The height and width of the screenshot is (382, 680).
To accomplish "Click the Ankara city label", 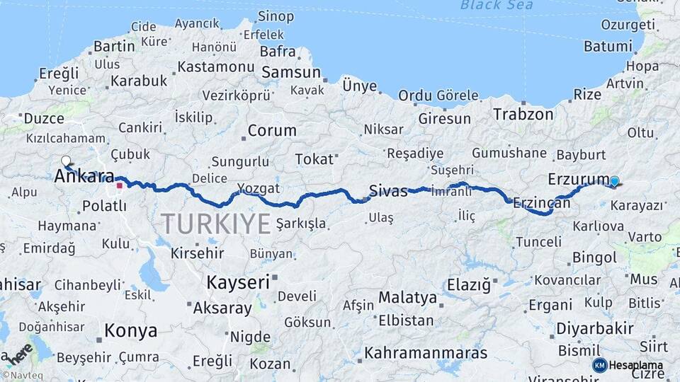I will [x=85, y=175].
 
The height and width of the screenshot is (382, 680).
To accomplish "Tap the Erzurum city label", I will [x=578, y=178].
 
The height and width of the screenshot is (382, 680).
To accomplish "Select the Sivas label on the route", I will [x=387, y=190].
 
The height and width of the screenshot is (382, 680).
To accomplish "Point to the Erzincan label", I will [x=541, y=202].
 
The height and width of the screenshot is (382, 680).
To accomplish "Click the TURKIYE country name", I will [x=216, y=224].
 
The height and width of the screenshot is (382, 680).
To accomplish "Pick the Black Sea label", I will [x=496, y=6].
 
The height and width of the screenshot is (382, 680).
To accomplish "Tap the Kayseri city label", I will [x=238, y=282].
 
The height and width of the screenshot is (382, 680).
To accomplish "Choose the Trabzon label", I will [x=523, y=114].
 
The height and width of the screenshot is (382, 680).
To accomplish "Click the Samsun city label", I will [x=291, y=72].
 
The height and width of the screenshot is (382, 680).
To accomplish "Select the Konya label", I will [x=130, y=330].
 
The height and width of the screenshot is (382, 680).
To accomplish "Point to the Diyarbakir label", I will [x=594, y=329].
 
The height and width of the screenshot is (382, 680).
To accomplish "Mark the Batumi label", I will [x=608, y=47].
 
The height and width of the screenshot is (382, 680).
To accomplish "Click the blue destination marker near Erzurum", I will [x=614, y=182].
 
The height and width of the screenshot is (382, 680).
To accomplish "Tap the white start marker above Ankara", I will [x=67, y=161].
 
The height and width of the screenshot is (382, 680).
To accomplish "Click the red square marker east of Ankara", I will [x=120, y=186].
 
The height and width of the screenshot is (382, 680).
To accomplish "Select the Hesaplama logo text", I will [x=635, y=365].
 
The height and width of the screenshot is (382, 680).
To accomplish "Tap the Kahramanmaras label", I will [x=426, y=352].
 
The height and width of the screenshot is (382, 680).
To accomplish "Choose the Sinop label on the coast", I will [x=276, y=16].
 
